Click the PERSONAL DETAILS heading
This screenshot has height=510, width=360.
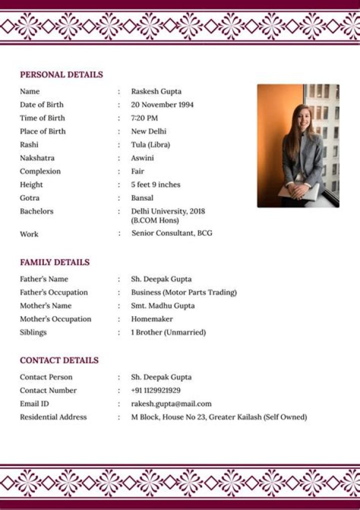tap(61, 75)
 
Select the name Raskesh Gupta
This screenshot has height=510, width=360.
tap(156, 92)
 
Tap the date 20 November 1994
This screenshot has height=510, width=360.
tap(162, 105)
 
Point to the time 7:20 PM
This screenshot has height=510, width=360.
tap(144, 118)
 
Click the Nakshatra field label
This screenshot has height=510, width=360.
tap(37, 158)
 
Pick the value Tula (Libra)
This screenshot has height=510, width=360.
tap(150, 145)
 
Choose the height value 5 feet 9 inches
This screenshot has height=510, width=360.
tap(155, 185)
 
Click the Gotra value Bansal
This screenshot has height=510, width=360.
tap(142, 198)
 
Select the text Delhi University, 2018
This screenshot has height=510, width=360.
tap(168, 211)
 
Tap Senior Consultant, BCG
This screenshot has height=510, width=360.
tap(171, 233)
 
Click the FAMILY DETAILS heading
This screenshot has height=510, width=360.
tap(55, 262)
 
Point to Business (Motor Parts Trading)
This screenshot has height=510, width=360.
tap(183, 292)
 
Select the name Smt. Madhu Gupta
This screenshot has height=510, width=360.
tap(162, 306)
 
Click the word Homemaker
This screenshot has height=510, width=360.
tap(152, 319)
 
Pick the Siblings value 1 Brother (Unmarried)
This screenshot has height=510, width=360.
tap(168, 332)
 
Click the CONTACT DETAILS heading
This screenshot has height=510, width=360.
tap(59, 360)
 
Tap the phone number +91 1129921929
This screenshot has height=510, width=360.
tap(155, 390)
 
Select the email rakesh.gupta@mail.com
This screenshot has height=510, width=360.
tap(171, 404)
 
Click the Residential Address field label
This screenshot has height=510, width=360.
tap(53, 417)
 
